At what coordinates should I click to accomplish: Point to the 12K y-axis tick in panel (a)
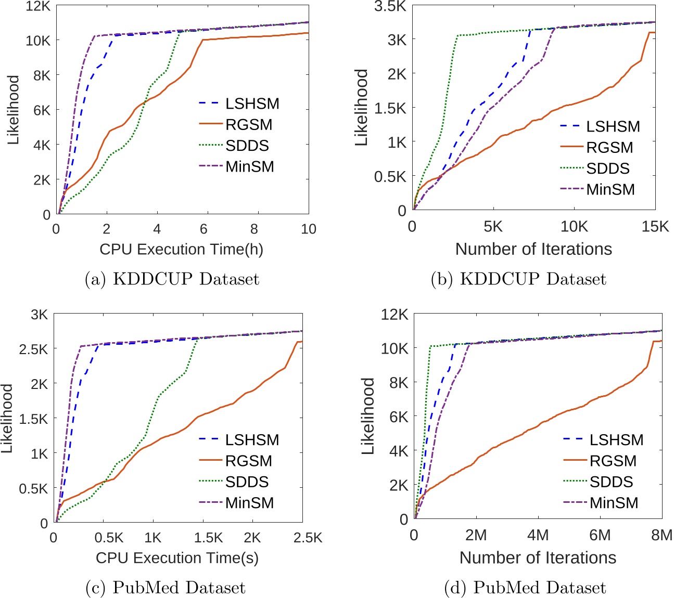pos(38,6)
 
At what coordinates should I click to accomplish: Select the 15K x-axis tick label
pos(655,227)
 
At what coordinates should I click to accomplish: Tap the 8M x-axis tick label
pos(662,535)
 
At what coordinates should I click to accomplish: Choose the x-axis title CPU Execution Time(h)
pos(181,249)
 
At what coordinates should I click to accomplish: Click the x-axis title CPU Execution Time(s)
pos(177,558)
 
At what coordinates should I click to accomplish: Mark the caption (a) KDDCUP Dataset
pos(172,279)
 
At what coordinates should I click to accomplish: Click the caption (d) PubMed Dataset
pos(525,588)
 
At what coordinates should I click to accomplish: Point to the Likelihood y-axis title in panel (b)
pos(361,107)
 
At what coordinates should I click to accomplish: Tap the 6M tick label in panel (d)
pos(600,535)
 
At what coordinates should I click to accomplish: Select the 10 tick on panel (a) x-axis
pos(309,229)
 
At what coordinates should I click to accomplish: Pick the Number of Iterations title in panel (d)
pos(538,558)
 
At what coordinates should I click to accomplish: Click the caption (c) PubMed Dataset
pos(165,588)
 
